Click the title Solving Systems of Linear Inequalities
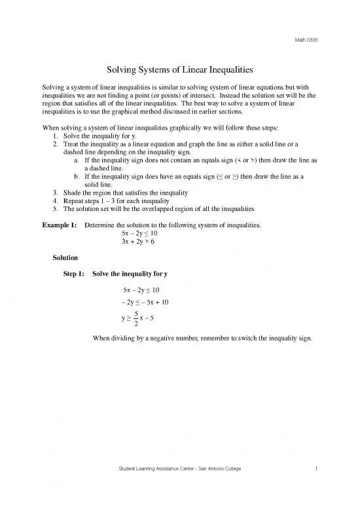180,68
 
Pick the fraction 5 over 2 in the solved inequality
134,319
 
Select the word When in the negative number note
104,339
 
